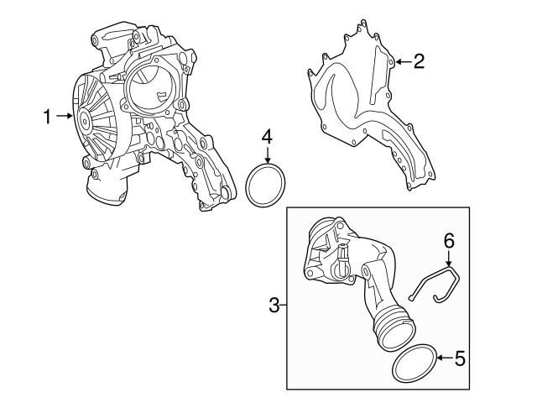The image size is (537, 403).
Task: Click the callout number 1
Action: [x=48, y=117]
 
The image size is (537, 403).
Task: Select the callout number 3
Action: [x=274, y=304]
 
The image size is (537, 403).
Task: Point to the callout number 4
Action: [x=266, y=134]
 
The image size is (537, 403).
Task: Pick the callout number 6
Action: [x=449, y=240]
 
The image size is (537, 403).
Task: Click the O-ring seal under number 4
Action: [x=267, y=186]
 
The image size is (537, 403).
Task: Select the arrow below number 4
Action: [x=267, y=154]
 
